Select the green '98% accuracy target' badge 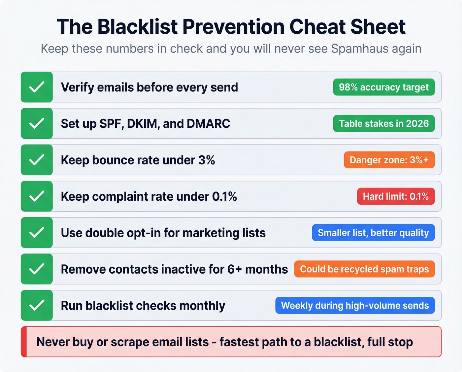click(384, 87)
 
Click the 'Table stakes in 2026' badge click(384, 123)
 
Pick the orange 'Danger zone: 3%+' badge click(389, 160)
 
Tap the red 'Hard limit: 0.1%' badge click(396, 196)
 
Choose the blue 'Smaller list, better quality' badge click(373, 233)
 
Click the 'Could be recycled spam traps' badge click(364, 269)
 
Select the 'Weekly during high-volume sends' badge click(355, 305)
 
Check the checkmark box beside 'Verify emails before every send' click(37, 87)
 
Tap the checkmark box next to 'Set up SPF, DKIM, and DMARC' click(37, 123)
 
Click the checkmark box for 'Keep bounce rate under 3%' click(37, 160)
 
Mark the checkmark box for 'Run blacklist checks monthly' click(37, 305)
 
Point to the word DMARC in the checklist click(209, 124)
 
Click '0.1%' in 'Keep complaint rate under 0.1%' click(224, 197)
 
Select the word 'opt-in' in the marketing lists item click(145, 233)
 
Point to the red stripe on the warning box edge click(23, 342)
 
